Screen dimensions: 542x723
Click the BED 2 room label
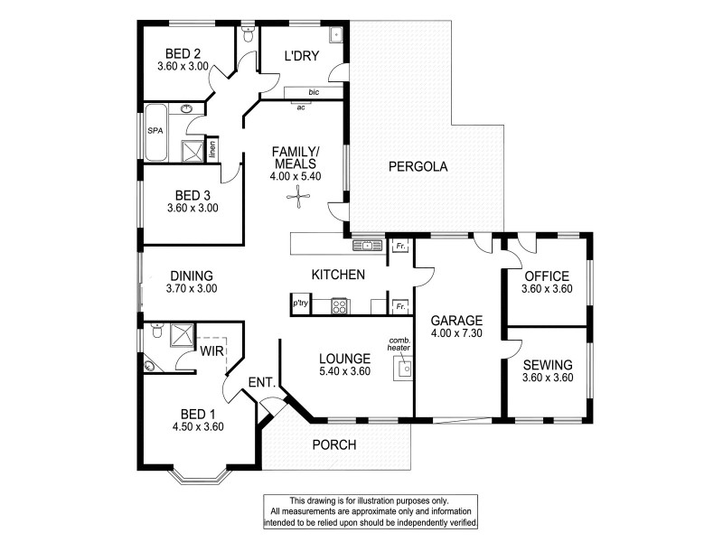183,52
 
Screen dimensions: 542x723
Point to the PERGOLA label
418,166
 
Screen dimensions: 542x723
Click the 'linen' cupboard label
212,148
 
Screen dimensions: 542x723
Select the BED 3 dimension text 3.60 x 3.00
192,208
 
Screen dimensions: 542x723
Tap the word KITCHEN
338,274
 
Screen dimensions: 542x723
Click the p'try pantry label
300,305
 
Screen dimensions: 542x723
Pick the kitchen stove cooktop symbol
340,306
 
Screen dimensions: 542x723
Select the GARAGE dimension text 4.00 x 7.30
456,334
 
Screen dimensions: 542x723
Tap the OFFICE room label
546,276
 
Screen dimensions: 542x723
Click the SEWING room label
546,364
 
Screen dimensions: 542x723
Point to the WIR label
212,350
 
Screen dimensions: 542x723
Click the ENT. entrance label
261,383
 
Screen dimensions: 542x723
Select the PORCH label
334,444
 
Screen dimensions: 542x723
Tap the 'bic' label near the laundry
313,92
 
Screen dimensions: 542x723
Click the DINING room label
190,276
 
